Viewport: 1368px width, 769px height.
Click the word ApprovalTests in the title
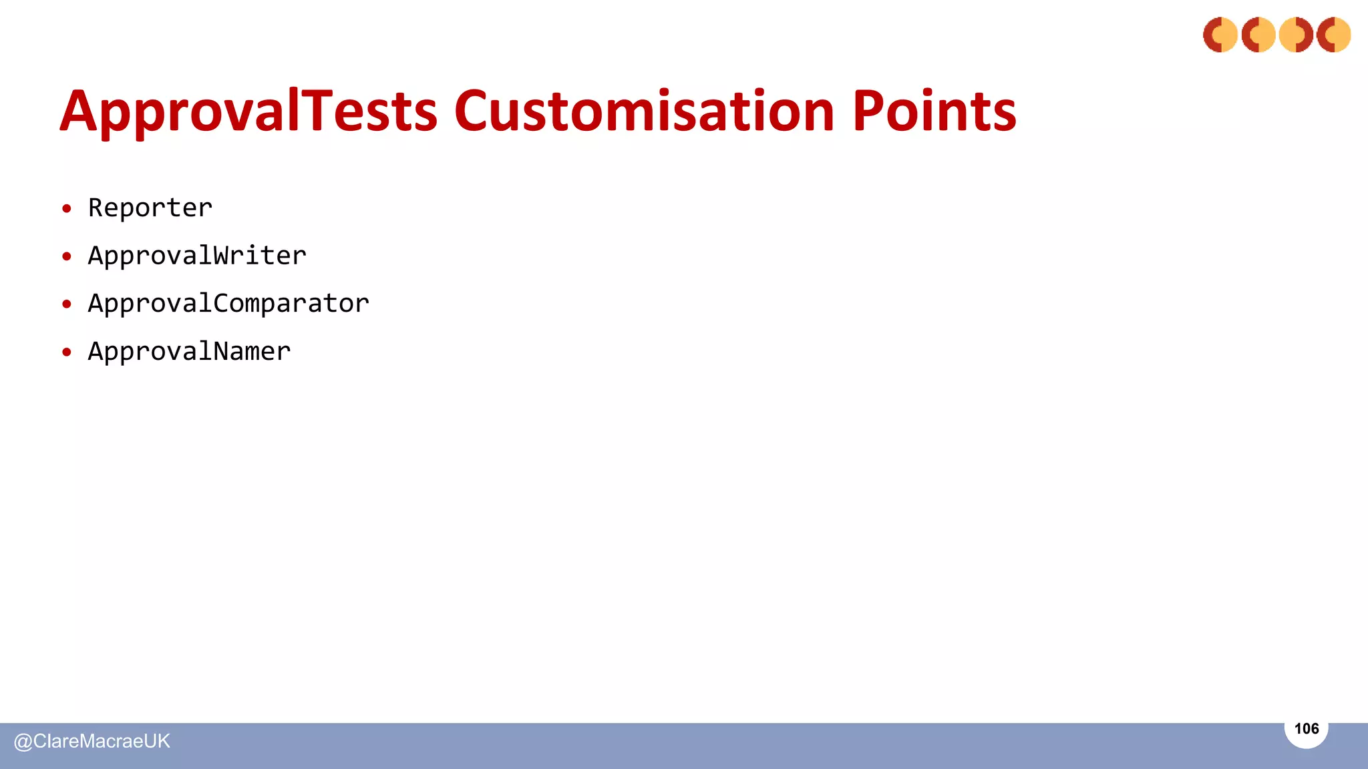(x=248, y=112)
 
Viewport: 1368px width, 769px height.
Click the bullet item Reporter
(x=150, y=208)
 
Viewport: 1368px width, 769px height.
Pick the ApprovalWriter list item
(x=197, y=256)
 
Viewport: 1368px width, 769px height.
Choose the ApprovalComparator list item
(x=228, y=304)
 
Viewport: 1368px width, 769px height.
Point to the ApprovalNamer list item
(x=189, y=352)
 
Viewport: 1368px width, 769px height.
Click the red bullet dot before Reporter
(x=66, y=209)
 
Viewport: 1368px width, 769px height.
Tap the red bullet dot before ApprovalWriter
(x=66, y=257)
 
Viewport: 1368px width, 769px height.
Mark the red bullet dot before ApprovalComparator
(x=66, y=304)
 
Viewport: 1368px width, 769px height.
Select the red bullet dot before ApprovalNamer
(x=66, y=352)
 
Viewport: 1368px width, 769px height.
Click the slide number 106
(x=1306, y=728)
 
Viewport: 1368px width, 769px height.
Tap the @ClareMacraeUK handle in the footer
(x=92, y=741)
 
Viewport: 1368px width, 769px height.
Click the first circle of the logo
(x=1220, y=35)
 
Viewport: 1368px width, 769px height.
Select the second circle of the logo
(x=1258, y=35)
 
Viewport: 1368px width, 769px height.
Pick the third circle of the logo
(x=1296, y=35)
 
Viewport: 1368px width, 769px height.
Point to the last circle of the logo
(x=1334, y=35)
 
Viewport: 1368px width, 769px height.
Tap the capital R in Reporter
(x=96, y=208)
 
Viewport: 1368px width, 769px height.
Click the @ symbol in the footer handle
(x=23, y=742)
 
